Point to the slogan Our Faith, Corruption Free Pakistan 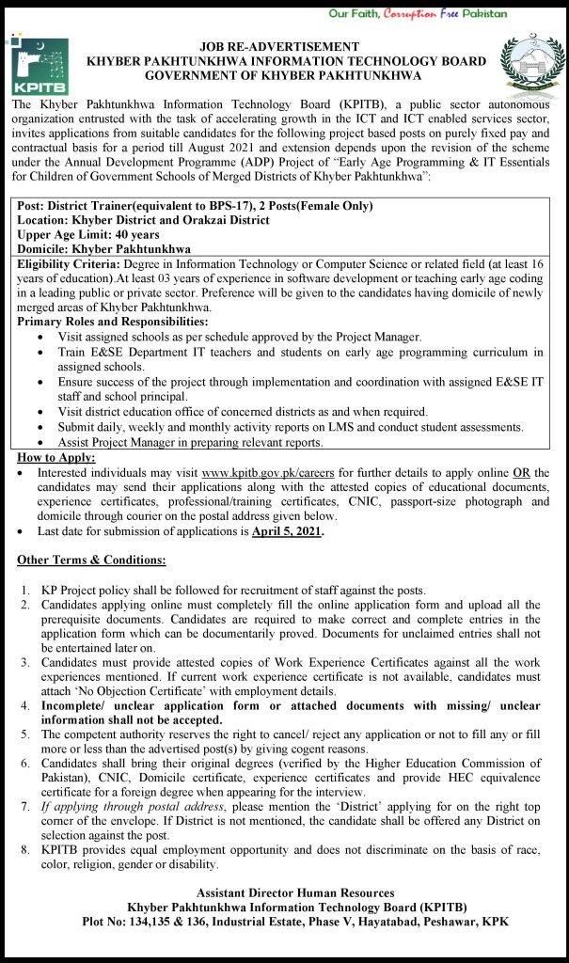point(431,14)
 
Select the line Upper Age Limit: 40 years point(88,233)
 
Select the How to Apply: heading point(52,457)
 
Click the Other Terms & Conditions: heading point(92,560)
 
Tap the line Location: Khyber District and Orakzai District point(142,219)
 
